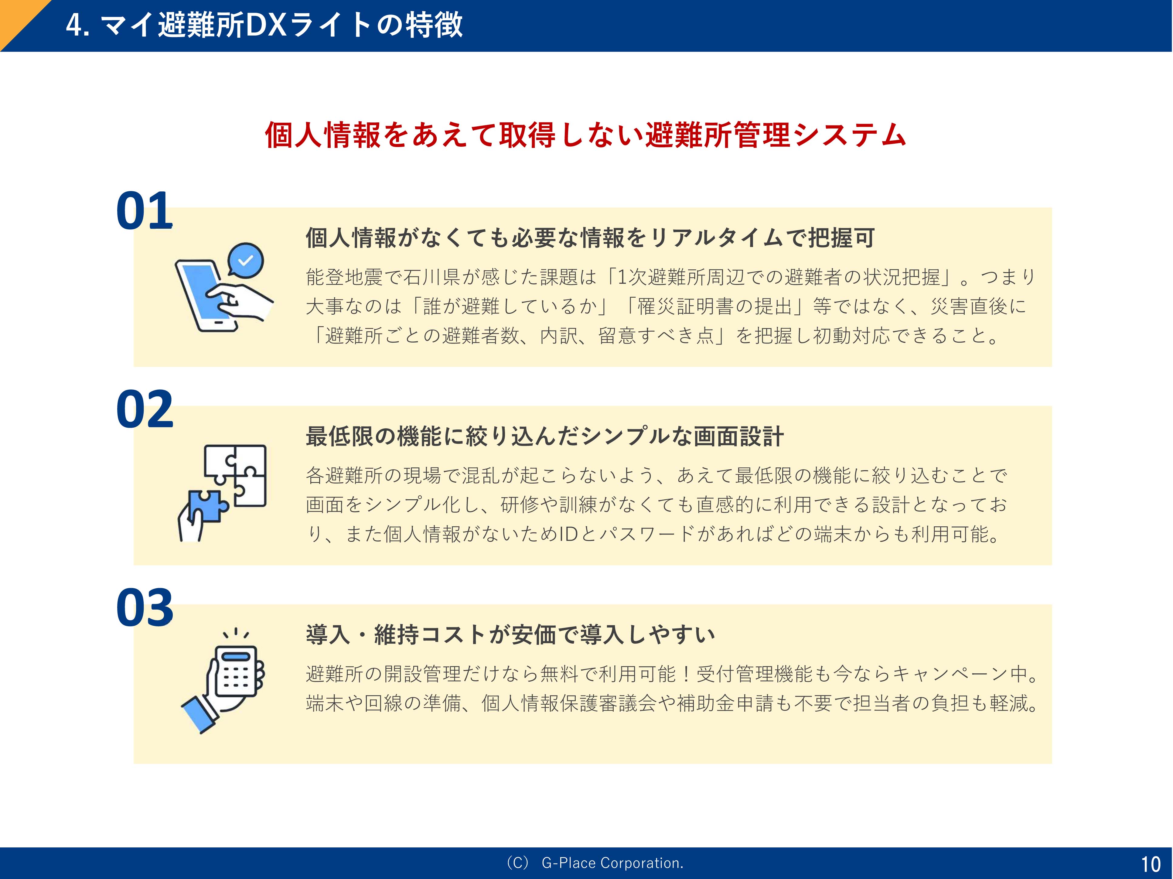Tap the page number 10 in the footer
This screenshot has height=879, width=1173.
(1151, 865)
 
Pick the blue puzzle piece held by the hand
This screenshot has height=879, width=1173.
(208, 505)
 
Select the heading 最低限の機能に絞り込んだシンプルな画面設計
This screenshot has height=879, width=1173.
(545, 436)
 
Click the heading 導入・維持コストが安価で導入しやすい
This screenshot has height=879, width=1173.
(510, 634)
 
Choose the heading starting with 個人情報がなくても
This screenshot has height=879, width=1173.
(590, 238)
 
